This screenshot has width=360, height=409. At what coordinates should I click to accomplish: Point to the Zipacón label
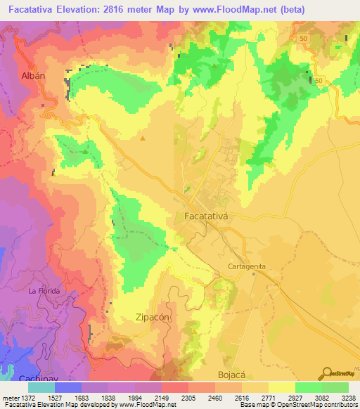(153, 318)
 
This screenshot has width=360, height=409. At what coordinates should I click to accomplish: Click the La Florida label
(44, 290)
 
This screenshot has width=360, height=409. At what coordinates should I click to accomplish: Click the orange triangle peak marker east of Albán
(143, 138)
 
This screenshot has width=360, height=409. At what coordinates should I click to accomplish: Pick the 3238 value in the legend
(348, 397)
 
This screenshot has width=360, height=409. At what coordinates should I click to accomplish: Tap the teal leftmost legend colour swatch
(41, 387)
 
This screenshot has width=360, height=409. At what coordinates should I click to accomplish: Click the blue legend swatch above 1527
(68, 387)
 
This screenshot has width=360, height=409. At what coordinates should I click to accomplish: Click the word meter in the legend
(11, 397)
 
